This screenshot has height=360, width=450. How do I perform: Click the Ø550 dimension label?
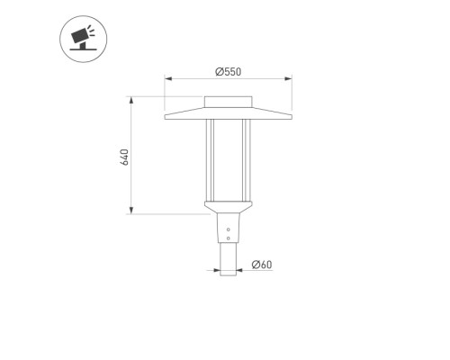[x=228, y=72]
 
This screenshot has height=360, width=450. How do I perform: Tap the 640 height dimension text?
[x=124, y=157]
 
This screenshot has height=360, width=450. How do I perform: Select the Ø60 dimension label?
[x=262, y=265]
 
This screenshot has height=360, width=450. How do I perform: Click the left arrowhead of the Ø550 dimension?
[x=168, y=79]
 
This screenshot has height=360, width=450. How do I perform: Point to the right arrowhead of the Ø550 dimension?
[x=288, y=79]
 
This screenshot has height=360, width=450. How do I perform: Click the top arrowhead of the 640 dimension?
[x=131, y=101]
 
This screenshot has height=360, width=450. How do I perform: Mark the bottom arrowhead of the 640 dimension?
[x=131, y=211]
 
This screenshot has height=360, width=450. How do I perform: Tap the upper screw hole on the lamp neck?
[x=229, y=229]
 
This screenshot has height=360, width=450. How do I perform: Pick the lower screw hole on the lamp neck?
[x=229, y=238]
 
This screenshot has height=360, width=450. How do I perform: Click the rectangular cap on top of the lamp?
[x=228, y=102]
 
